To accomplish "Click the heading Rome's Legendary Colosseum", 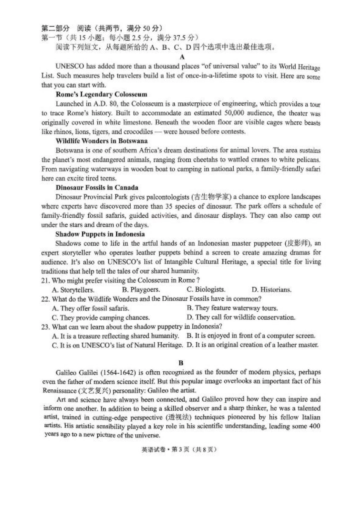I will click(x=101, y=94).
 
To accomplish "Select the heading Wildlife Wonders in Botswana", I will click(x=102, y=141).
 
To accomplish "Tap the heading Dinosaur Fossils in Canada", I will click(x=97, y=187).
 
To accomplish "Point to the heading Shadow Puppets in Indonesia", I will click(x=100, y=234).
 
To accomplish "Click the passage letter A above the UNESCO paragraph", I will click(x=182, y=57).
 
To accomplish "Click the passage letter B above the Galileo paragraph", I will click(x=181, y=362).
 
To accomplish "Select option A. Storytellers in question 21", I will click(x=73, y=290).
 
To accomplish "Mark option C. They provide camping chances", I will click(x=100, y=318).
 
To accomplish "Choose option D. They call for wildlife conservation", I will click(x=241, y=317).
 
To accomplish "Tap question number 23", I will click(x=45, y=326).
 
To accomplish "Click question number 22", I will click(x=45, y=299).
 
